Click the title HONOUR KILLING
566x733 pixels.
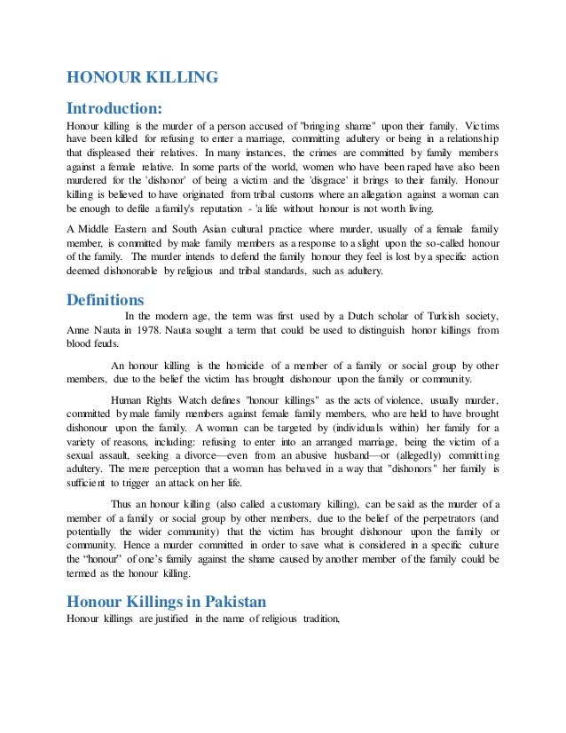pyautogui.click(x=142, y=78)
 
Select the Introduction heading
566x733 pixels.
pyautogui.click(x=114, y=108)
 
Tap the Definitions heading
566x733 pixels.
pyautogui.click(x=106, y=299)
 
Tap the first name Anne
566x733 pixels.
pyautogui.click(x=79, y=330)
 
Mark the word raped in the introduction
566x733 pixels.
pyautogui.click(x=411, y=165)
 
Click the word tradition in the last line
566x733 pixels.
pyautogui.click(x=315, y=619)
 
